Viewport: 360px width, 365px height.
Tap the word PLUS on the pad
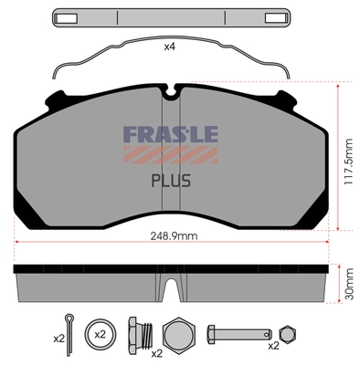point(170,179)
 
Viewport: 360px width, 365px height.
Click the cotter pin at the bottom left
point(70,325)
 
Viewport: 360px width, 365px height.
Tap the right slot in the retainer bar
point(272,17)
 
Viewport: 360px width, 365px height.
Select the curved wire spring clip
point(171,57)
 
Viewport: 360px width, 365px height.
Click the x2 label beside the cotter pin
point(58,339)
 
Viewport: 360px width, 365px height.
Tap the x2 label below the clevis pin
point(273,347)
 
